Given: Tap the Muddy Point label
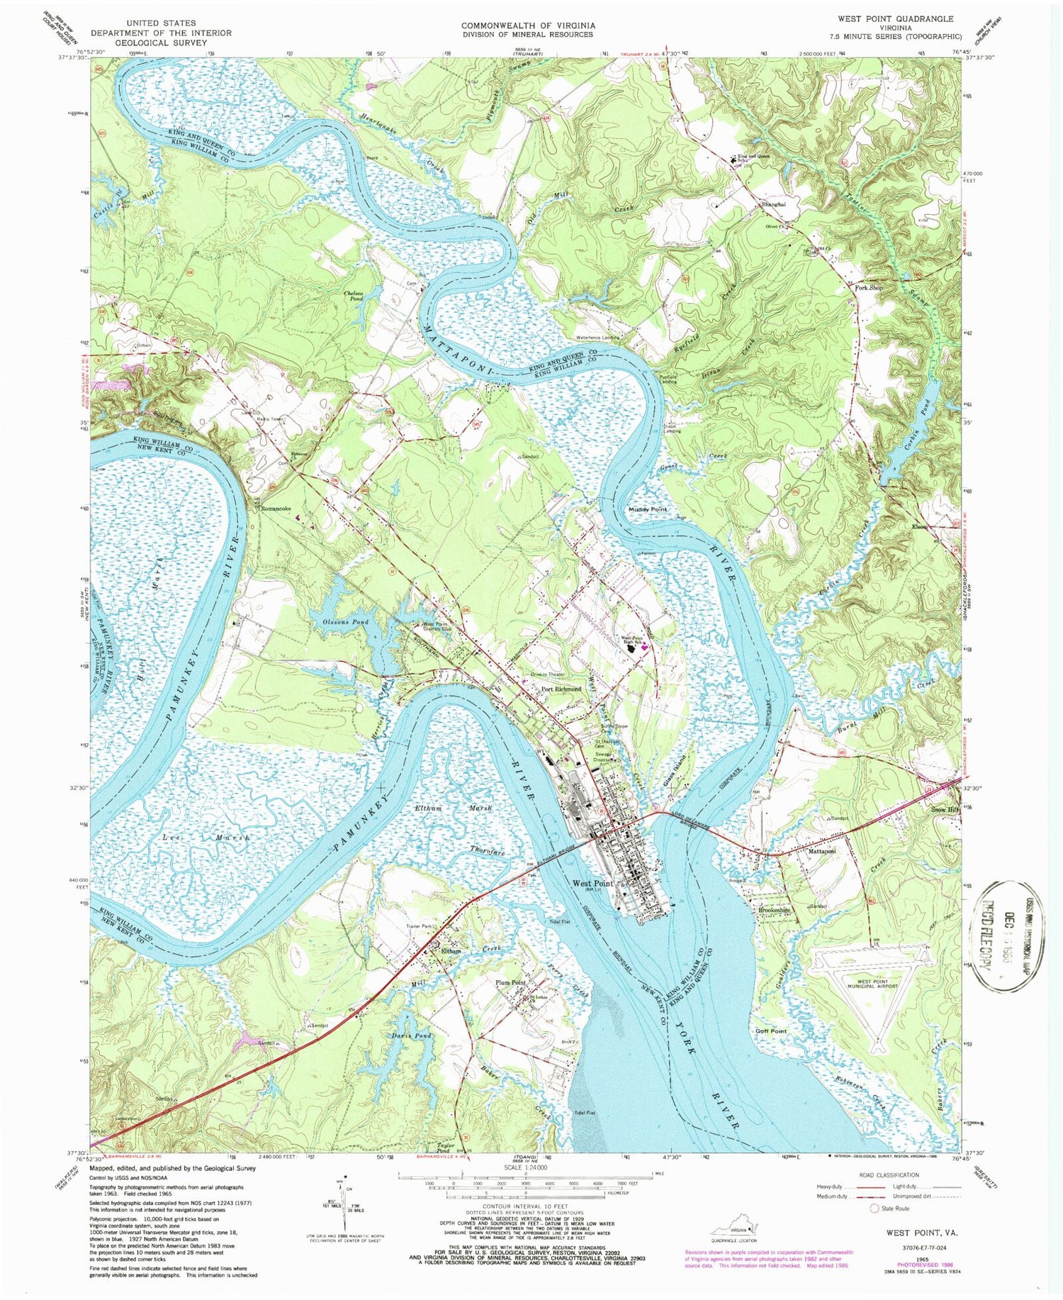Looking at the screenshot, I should point(648,510).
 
